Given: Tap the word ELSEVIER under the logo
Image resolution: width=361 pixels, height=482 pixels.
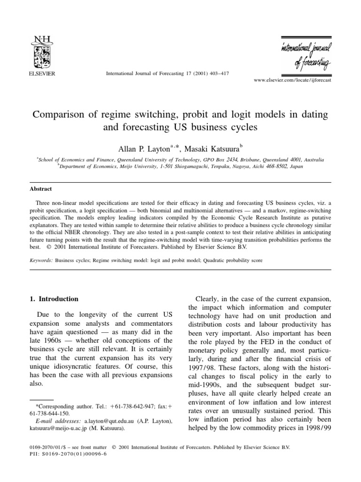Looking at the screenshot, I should point(42,73).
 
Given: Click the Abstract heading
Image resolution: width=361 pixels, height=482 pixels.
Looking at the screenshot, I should point(41,188).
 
